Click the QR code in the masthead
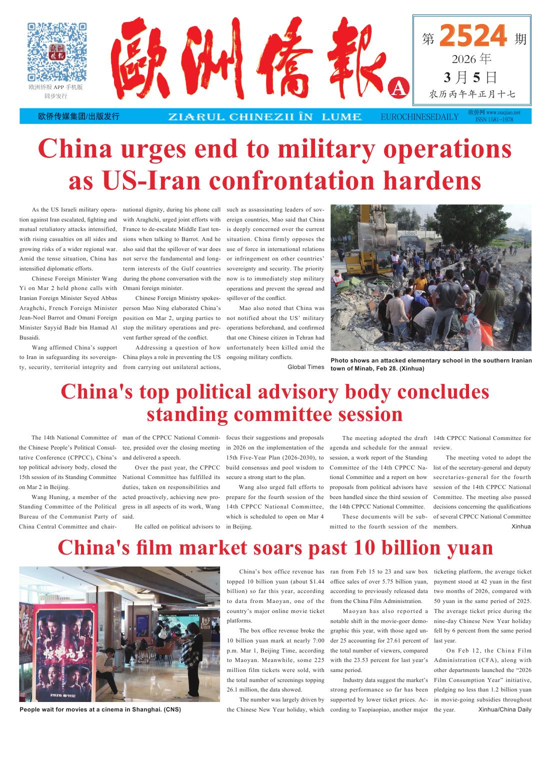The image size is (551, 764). (56, 51)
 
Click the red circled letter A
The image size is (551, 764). (398, 87)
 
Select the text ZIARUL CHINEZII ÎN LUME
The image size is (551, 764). (265, 117)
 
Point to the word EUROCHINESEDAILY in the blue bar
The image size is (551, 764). (419, 117)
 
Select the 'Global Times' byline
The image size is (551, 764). (306, 367)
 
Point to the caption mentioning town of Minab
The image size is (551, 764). (431, 364)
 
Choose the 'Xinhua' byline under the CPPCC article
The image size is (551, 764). (521, 526)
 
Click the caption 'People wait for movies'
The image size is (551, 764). (100, 709)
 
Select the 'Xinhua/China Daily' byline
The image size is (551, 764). (504, 709)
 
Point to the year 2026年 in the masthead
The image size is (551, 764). (471, 59)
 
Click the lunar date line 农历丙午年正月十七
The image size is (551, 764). (472, 94)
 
